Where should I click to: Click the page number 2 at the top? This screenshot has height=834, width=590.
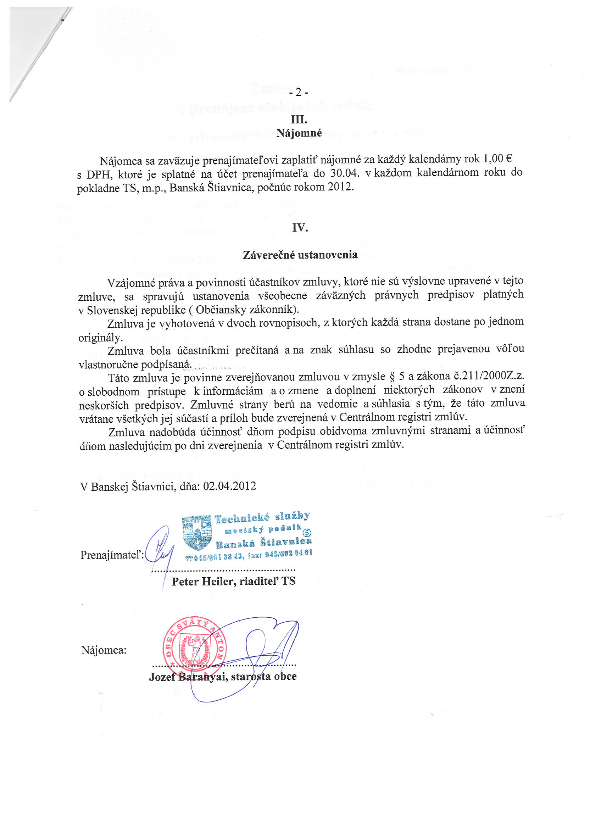coord(298,93)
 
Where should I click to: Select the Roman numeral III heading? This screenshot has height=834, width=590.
coord(299,119)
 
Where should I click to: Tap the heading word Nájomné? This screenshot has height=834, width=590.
coord(299,133)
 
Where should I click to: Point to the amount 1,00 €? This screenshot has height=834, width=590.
coord(497,159)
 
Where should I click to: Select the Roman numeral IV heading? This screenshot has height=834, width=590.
coord(300,228)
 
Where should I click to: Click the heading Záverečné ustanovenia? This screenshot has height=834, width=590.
coord(300,255)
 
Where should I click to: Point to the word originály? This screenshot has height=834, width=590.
coord(100,338)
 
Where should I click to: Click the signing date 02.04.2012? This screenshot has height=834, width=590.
coord(230,486)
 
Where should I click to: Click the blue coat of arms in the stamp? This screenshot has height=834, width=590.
coord(196,532)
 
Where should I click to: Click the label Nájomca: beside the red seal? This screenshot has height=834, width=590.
coord(104,650)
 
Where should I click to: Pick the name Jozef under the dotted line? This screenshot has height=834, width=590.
coord(162,676)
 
